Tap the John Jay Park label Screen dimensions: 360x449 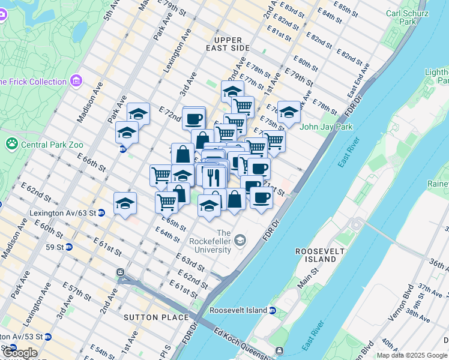325,127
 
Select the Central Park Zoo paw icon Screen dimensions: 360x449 11,143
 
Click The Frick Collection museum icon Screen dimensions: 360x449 76,81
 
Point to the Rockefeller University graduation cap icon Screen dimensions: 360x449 241,241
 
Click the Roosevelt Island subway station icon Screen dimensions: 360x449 273,310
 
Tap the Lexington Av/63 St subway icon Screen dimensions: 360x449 101,212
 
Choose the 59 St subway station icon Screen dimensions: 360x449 69,247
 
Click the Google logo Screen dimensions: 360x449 19,353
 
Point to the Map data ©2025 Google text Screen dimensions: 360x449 412,355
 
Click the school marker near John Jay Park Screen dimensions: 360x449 289,112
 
